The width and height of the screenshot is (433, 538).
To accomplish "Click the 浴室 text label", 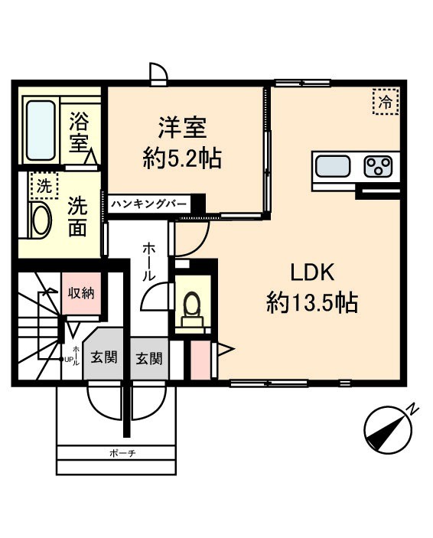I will coord(79,131).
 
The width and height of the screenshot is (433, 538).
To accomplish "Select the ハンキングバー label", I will coord(150,204).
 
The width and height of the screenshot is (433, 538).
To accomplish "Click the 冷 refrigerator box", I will coord(386,100).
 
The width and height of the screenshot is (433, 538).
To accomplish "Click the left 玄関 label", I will coord(104,357).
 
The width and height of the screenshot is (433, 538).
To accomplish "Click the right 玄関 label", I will coord(149,357).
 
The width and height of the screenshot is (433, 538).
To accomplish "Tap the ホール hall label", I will coord(148,261).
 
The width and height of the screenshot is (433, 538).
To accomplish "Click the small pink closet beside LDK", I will coord(199,360).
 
